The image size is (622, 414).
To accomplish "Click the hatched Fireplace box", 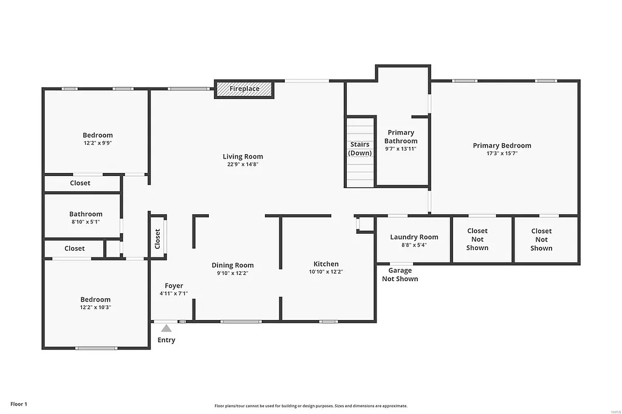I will pos(244,89).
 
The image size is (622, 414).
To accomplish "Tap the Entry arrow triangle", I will pos(166,328).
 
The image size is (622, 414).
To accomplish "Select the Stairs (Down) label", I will pos(360,149).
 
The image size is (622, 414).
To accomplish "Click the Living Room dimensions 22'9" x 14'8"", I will pos(243,165).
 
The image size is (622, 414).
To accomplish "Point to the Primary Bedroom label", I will pos(502,146).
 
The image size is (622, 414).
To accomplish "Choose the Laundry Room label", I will pos(414,237).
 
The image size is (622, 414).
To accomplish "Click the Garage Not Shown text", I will pos(400,275).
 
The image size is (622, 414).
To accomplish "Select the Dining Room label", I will pos(233,265).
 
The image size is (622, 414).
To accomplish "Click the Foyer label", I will pos(174,286).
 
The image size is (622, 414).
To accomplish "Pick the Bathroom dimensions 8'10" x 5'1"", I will pos(86,222).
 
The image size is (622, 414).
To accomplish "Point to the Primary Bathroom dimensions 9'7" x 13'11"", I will pos(401,149).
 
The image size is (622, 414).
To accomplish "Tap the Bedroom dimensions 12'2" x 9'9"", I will pos(98,143).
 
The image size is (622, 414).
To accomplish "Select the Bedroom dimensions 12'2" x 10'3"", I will pos(96,308).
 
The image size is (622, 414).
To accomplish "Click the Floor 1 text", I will pos(19,404).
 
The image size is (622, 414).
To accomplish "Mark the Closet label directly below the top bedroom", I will pos(80,183).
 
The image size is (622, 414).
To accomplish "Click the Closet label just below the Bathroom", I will pos(75,248).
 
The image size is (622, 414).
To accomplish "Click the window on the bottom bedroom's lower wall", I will pos(96,348).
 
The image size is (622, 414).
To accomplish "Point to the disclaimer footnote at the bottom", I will pos(310,406).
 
